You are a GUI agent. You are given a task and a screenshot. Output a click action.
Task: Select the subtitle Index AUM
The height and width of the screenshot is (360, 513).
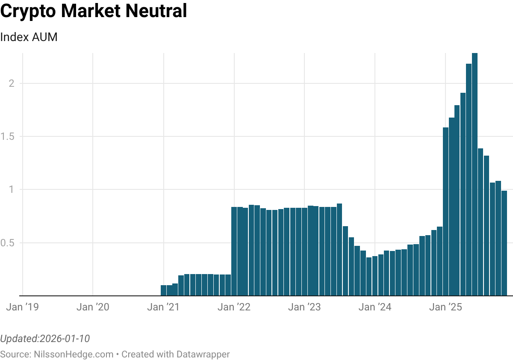(x=29, y=37)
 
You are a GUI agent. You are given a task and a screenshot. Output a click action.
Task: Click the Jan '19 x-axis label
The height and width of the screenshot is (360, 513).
(x=23, y=307)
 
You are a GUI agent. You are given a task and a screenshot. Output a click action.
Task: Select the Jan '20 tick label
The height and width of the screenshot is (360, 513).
(x=93, y=307)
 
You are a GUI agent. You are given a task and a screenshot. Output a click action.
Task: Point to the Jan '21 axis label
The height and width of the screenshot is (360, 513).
(x=164, y=307)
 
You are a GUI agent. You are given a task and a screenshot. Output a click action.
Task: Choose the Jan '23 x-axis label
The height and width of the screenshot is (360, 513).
(x=304, y=307)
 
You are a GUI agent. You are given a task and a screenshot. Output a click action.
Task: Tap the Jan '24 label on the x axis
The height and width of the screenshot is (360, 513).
(x=375, y=307)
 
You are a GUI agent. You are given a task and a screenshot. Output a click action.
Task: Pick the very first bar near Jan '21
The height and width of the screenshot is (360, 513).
(x=163, y=290)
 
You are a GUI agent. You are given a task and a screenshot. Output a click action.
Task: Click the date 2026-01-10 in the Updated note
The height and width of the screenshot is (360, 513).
(x=64, y=339)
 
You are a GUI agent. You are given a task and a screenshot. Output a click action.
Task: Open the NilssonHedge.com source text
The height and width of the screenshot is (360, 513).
(x=72, y=354)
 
